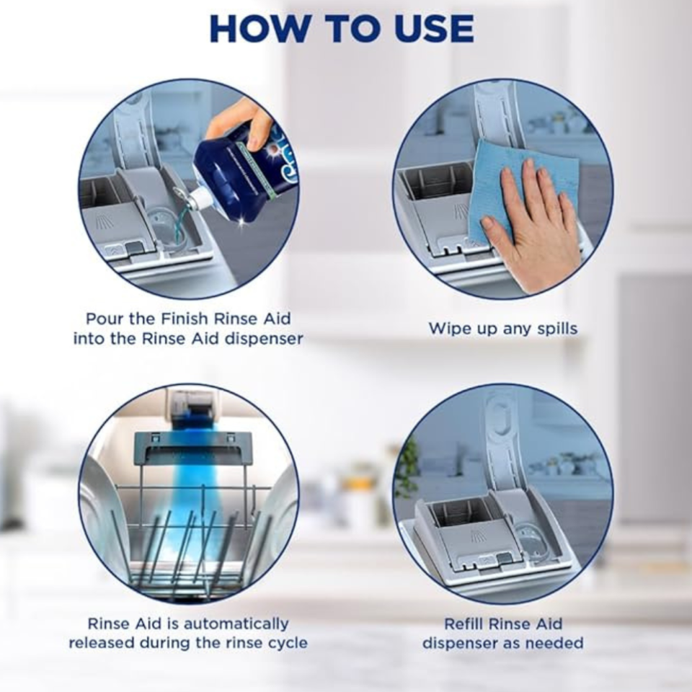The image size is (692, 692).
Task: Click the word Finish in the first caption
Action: tap(184, 319)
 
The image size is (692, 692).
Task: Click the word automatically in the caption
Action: tap(236, 624)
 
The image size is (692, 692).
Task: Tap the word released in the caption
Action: tap(102, 643)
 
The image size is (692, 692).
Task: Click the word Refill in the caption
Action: tap(463, 624)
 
